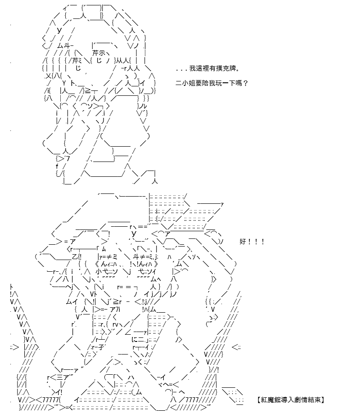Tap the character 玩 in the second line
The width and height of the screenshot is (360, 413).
pos(219,83)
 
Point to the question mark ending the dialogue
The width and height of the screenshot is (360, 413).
pos(246,83)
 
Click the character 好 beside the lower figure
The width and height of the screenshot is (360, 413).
pos(243,242)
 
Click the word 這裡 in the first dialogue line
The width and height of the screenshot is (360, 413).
pos(202,68)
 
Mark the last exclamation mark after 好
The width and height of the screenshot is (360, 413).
pos(263,242)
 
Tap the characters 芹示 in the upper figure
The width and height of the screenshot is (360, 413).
pos(99,53)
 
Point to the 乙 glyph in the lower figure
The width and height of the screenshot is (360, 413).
pos(75,256)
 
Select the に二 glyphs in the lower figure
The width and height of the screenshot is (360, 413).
pos(138,340)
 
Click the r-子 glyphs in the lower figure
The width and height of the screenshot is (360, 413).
pos(98,347)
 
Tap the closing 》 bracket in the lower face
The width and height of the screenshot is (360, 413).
pos(156,264)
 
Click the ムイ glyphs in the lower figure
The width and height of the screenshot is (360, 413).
pos(72,302)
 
